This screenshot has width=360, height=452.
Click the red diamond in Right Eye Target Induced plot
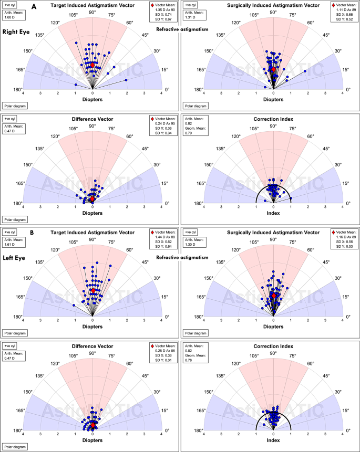click(93, 65)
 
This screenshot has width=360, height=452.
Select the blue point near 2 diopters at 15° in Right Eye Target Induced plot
click(126, 80)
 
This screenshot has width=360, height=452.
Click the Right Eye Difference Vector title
click(92, 119)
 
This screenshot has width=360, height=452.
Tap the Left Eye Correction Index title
click(273, 346)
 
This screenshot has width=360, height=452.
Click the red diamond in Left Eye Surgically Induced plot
click(273, 296)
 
